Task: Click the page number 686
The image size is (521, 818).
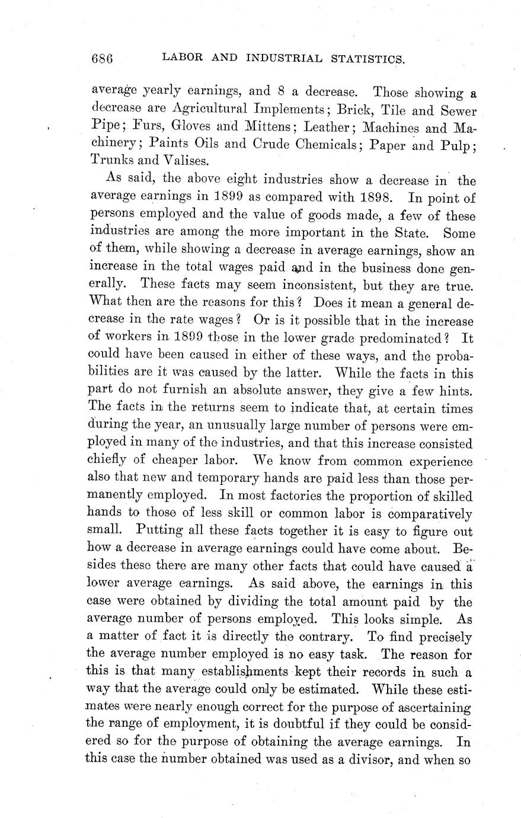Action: pos(102,58)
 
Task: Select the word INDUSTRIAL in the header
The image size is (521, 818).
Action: pos(285,58)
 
